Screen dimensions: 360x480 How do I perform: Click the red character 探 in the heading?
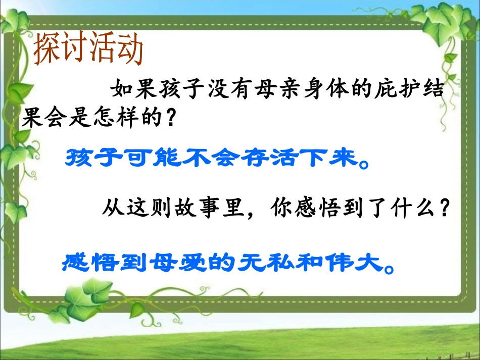coord(47,49)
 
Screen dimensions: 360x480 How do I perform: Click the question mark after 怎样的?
coord(171,119)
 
